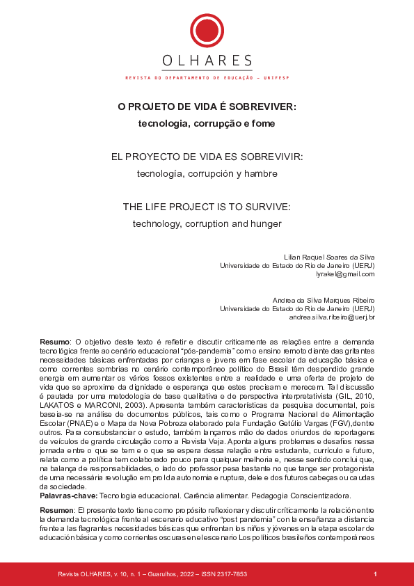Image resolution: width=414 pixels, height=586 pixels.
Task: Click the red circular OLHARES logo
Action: coord(207,31)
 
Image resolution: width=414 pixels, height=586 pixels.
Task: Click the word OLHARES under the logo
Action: coord(207,62)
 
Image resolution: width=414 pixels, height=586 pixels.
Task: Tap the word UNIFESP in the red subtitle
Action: coord(277,79)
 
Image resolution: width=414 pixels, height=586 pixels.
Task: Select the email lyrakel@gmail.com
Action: coord(345,274)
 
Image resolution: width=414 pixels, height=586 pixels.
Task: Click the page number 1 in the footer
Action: coord(375,574)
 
